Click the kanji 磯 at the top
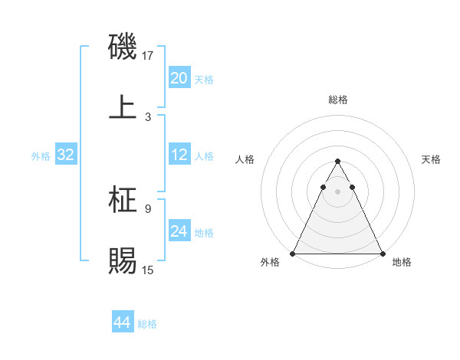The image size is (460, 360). [x=123, y=47]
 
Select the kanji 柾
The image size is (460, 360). [x=123, y=201]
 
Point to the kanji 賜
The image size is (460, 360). [x=123, y=261]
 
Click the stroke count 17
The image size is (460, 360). [x=148, y=56]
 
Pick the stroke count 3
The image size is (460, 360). [x=148, y=116]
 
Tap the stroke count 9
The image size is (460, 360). [x=148, y=208]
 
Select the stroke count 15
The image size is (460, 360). [x=148, y=270]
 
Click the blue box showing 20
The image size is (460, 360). [x=179, y=78]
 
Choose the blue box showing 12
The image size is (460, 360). [x=179, y=155]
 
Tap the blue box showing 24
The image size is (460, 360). [x=179, y=231]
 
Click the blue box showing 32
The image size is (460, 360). [x=65, y=155]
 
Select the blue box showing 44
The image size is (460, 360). [x=122, y=322]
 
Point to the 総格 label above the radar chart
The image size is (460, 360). [x=337, y=100]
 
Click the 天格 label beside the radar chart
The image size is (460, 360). [x=432, y=159]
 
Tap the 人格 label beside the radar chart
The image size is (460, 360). [x=245, y=159]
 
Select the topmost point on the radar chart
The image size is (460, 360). [x=337, y=162]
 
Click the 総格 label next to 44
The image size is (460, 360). [x=147, y=324]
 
